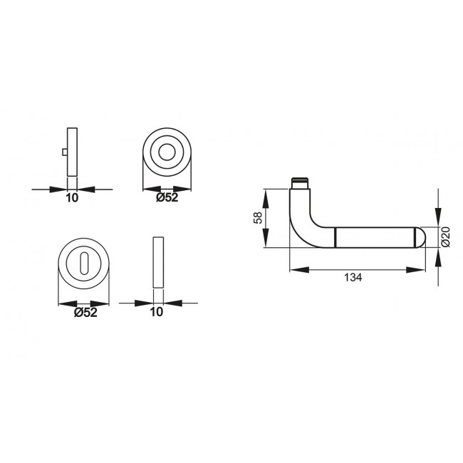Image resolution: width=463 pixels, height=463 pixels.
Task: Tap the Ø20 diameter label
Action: point(444,236)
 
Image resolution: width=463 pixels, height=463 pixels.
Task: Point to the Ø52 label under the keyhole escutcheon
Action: point(85,311)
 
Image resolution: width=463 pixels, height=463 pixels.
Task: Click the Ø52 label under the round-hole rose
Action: point(167,198)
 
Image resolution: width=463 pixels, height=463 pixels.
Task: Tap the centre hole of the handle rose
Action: point(168,153)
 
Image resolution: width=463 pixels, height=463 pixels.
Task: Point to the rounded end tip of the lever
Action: point(420,236)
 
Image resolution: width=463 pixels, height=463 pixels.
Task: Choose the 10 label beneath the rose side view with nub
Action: point(72,199)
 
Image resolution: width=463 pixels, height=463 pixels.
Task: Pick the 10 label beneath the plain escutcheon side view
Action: point(157,311)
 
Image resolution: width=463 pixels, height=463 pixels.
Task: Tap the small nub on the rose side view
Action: point(65,153)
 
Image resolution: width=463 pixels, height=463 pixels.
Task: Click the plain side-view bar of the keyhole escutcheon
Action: point(157,263)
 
